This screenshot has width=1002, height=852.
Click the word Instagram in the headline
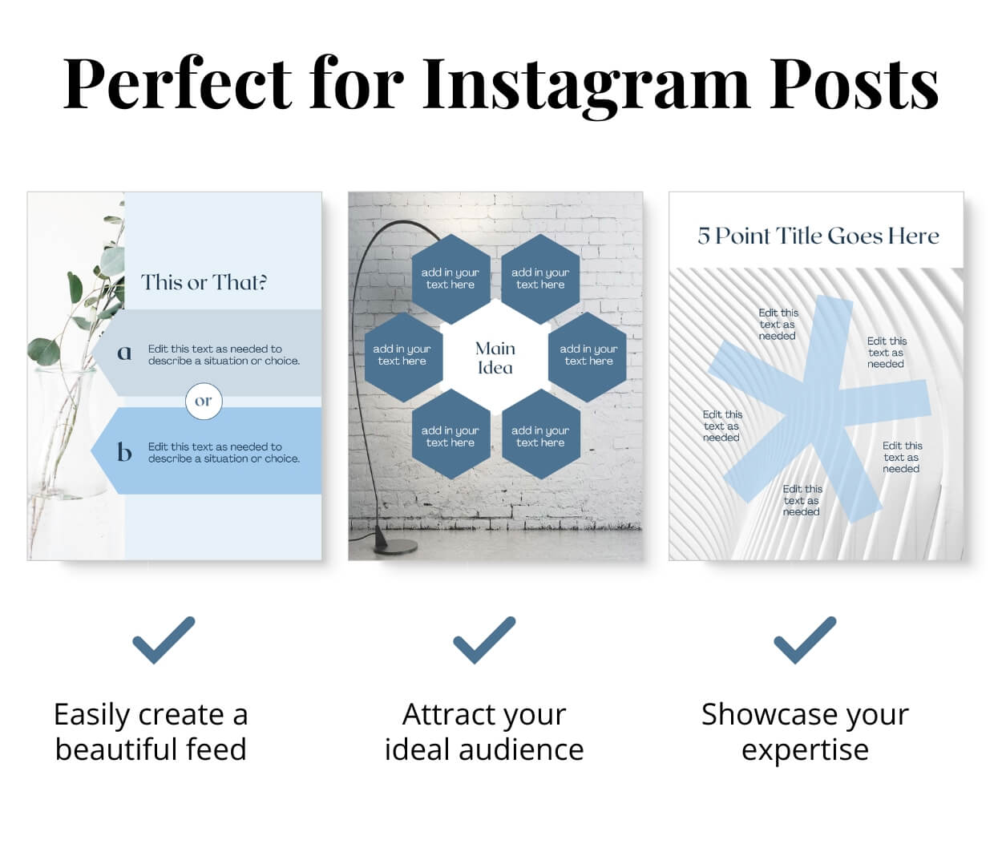(585, 83)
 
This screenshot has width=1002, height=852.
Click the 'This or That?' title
(204, 282)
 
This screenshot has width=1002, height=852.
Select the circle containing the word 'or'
(204, 401)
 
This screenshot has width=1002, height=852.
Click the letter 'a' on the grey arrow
(124, 353)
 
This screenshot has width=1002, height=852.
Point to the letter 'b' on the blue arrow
(124, 452)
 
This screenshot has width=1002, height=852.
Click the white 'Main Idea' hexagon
(495, 358)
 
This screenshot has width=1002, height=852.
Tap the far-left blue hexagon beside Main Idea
(402, 356)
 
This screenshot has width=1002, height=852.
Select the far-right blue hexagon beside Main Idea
(588, 356)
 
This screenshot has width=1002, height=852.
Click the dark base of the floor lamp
(396, 547)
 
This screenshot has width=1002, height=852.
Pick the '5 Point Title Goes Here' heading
(818, 236)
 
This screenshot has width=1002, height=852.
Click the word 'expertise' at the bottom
(805, 750)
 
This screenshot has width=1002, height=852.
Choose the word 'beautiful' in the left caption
(116, 750)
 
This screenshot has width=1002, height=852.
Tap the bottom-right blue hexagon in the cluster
(541, 436)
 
